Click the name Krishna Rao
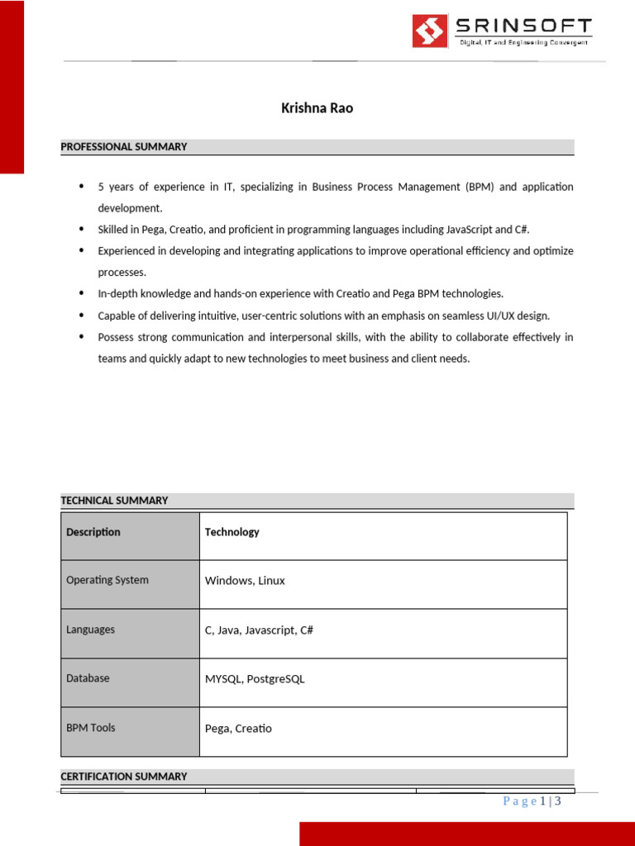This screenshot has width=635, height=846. [x=317, y=108]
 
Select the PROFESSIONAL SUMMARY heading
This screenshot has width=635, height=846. [x=124, y=147]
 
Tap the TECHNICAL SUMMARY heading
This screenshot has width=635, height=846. [x=114, y=501]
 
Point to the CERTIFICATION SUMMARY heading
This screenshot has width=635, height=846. [x=124, y=777]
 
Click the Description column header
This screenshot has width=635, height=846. [x=93, y=532]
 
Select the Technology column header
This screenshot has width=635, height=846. [x=232, y=532]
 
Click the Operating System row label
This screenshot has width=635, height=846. [x=107, y=580]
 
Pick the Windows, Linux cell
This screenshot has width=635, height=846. [x=245, y=581]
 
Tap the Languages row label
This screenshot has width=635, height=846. [x=91, y=630]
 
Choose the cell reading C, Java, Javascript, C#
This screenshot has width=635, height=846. [x=259, y=630]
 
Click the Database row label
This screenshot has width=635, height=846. [x=88, y=678]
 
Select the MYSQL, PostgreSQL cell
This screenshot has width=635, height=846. [x=255, y=679]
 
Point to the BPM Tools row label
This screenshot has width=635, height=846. [x=91, y=728]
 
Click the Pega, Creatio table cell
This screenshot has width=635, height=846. [x=238, y=729]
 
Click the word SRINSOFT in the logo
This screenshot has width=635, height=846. [x=524, y=26]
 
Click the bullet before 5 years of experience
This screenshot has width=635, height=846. [x=81, y=187]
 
